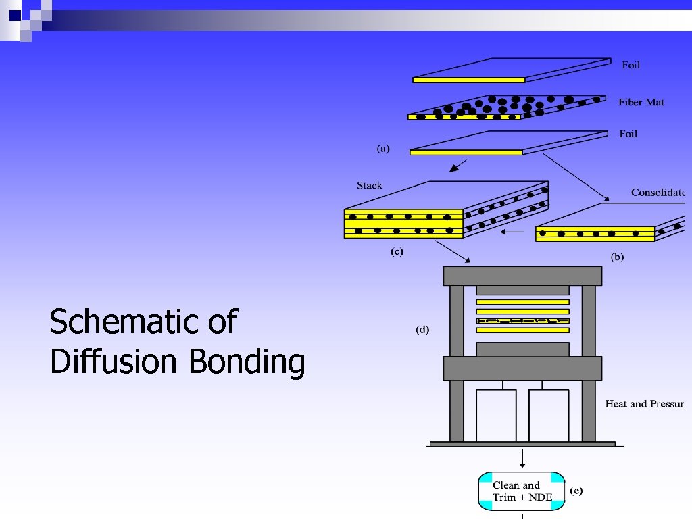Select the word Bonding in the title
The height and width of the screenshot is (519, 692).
[247, 362]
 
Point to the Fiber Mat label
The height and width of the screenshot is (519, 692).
[641, 102]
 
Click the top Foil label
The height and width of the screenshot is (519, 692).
[631, 65]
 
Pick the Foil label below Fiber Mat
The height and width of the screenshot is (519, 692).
[628, 134]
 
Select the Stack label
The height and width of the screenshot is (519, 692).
[370, 185]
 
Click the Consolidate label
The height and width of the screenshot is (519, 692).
[658, 193]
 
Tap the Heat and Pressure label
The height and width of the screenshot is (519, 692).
[644, 404]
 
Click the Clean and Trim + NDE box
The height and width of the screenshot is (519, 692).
[521, 491]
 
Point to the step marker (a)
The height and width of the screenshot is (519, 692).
[383, 149]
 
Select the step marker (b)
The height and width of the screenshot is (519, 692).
[617, 257]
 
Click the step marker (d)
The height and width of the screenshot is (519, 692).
[422, 330]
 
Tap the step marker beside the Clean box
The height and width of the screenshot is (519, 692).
[576, 491]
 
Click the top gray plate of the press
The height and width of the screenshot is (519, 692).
[522, 276]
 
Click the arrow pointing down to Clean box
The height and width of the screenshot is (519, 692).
[523, 459]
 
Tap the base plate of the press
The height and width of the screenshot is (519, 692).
[522, 444]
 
